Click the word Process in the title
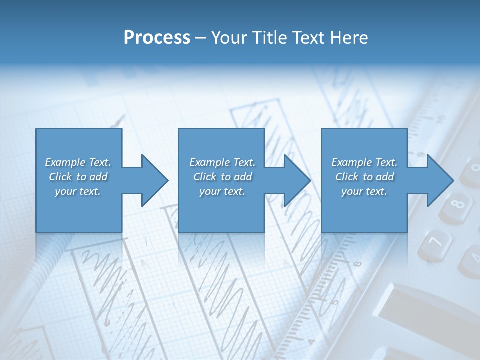[157, 38]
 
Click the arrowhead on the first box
[153, 180]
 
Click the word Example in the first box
[65, 162]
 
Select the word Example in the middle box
[210, 162]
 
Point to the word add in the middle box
[243, 177]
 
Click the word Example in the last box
[352, 162]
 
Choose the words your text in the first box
[78, 191]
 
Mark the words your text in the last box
[364, 191]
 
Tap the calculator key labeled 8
[456, 205]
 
